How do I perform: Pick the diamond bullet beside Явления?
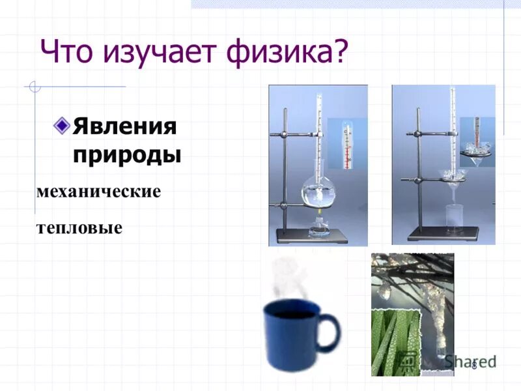tap(62, 124)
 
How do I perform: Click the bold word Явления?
tap(124, 125)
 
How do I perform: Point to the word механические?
tap(99, 192)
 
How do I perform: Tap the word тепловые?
tap(79, 229)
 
